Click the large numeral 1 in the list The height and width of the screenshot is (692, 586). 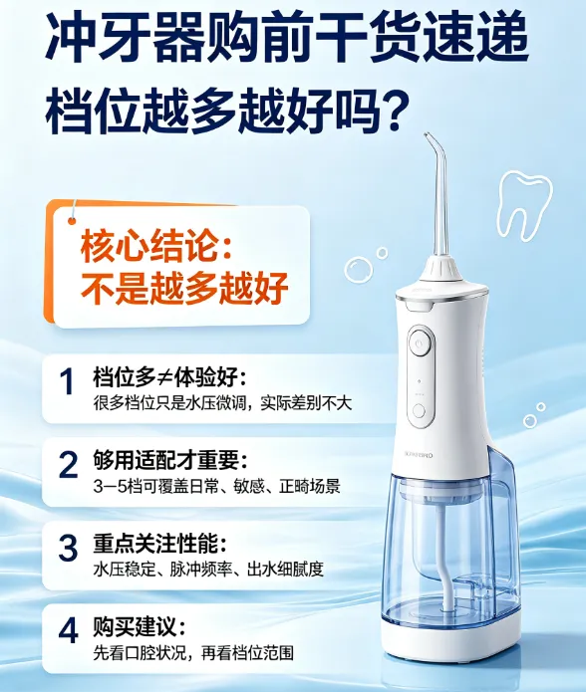[x=67, y=381]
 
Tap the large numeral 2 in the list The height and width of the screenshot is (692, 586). [x=68, y=464]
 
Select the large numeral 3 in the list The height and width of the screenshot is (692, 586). [x=68, y=548]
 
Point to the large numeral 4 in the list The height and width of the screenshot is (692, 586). [x=68, y=630]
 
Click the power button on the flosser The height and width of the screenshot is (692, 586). [x=419, y=344]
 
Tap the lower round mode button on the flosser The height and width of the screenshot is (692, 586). [x=419, y=411]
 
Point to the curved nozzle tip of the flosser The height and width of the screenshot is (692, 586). [x=427, y=135]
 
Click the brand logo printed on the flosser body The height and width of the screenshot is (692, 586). [x=419, y=455]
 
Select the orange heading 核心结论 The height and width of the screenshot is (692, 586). [x=156, y=247]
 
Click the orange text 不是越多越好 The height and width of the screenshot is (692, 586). [x=184, y=289]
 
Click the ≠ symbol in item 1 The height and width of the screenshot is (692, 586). [x=164, y=378]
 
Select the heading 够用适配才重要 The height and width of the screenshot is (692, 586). [x=170, y=460]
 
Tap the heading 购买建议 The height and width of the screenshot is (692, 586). [x=140, y=626]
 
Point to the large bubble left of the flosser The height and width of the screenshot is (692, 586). [x=359, y=270]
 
